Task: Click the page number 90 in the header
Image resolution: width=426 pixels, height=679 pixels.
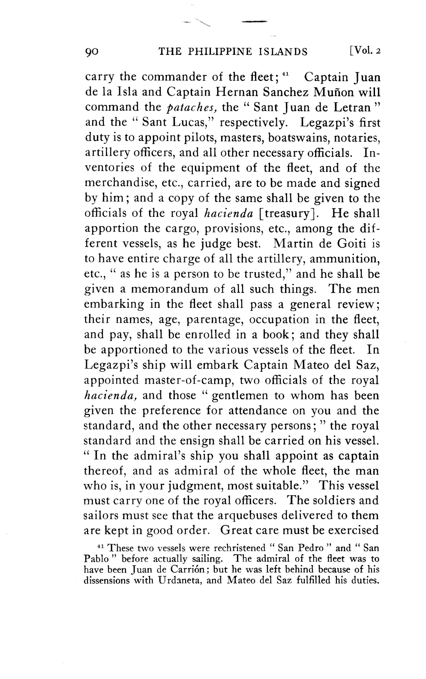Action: pos(92,52)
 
